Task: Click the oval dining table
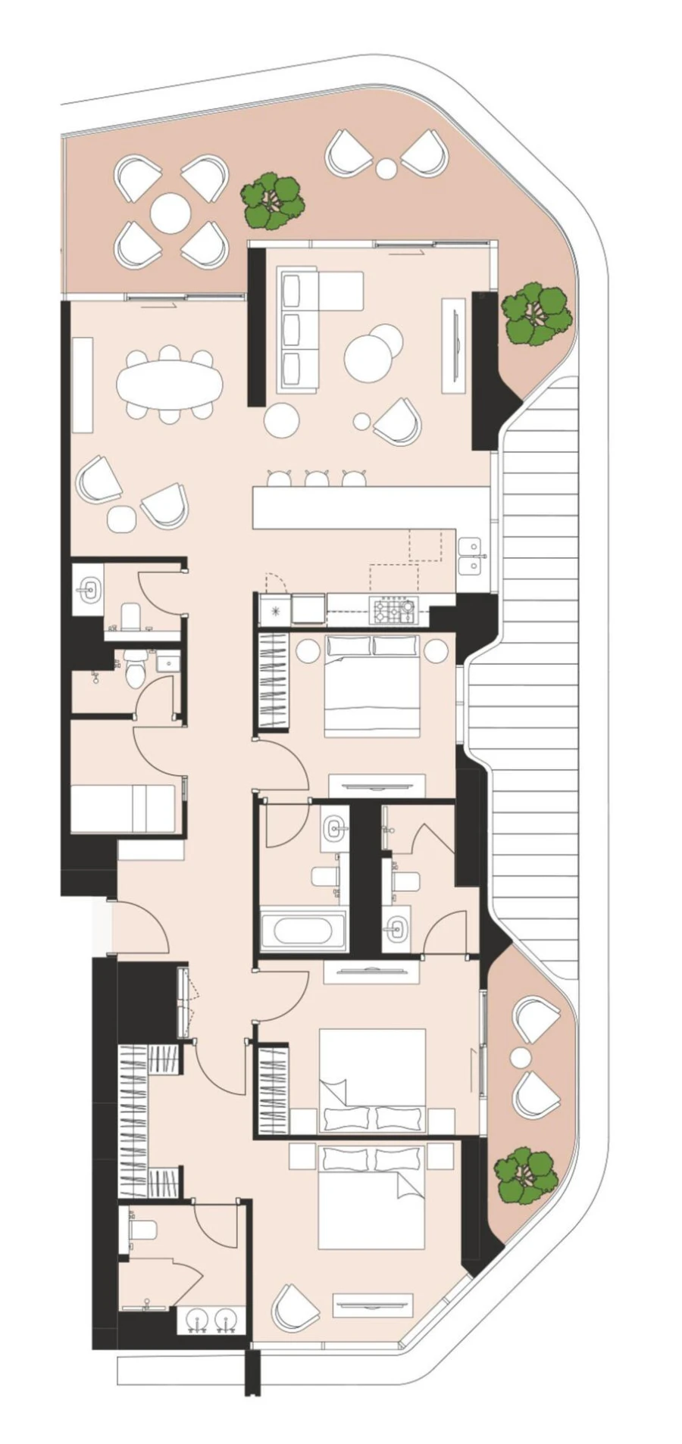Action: point(170,384)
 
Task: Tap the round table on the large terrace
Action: point(170,214)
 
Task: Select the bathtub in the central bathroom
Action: point(302,930)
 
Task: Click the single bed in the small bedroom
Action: point(123,808)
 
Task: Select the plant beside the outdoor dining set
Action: point(273,202)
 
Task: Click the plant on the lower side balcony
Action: point(525,1174)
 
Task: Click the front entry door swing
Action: point(140,928)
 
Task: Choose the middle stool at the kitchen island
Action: point(316,479)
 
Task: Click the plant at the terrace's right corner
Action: point(536,313)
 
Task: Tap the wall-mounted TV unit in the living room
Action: point(454,345)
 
